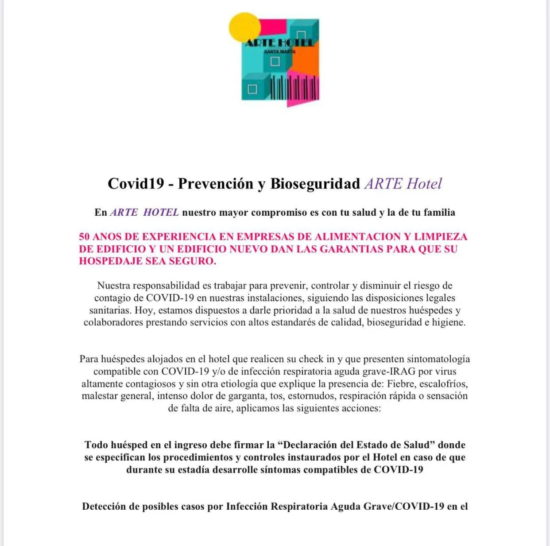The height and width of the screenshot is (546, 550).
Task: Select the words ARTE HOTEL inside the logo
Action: coord(279,43)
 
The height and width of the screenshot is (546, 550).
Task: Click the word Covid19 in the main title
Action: coord(136,183)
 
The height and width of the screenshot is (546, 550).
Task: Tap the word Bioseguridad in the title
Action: coord(315,183)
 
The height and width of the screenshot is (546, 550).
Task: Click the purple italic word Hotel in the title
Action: coord(424,183)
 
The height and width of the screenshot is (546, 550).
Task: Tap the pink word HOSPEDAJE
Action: coord(111,261)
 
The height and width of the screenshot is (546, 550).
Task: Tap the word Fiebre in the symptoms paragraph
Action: coord(400,383)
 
